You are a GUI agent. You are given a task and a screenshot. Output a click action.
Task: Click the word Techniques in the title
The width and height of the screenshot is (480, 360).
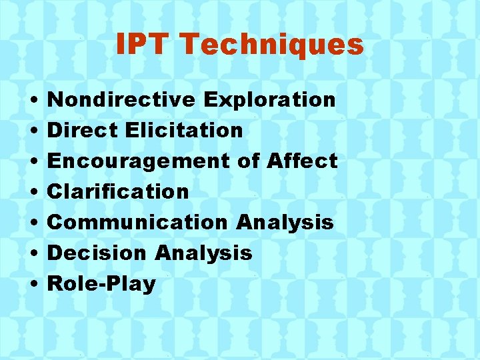pyautogui.click(x=271, y=45)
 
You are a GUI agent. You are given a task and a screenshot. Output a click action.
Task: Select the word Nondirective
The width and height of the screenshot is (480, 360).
pyautogui.click(x=122, y=99)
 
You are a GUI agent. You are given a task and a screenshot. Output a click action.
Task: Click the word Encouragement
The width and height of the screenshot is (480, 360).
pyautogui.click(x=139, y=161)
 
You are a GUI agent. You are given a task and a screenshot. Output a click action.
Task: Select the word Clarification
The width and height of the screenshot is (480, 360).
pyautogui.click(x=119, y=191)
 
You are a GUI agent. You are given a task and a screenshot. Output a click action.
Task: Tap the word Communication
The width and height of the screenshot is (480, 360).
pyautogui.click(x=138, y=222)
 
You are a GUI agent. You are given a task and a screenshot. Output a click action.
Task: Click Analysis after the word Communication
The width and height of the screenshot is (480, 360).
pyautogui.click(x=285, y=222)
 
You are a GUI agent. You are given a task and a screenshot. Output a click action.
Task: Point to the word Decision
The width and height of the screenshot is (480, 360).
pyautogui.click(x=97, y=253)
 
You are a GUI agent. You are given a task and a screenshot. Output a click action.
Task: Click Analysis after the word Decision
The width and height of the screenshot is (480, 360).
pyautogui.click(x=203, y=253)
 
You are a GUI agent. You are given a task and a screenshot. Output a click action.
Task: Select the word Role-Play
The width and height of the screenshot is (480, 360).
pyautogui.click(x=102, y=283)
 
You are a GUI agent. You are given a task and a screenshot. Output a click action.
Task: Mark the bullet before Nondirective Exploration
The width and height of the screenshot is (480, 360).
pyautogui.click(x=33, y=101)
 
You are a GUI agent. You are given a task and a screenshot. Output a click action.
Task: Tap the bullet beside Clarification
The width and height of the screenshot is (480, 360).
pyautogui.click(x=33, y=193)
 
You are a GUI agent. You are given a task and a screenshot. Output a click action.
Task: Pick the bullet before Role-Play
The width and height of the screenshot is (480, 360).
pyautogui.click(x=33, y=285)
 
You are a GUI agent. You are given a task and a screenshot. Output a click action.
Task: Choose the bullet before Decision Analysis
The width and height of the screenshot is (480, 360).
pyautogui.click(x=33, y=254)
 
